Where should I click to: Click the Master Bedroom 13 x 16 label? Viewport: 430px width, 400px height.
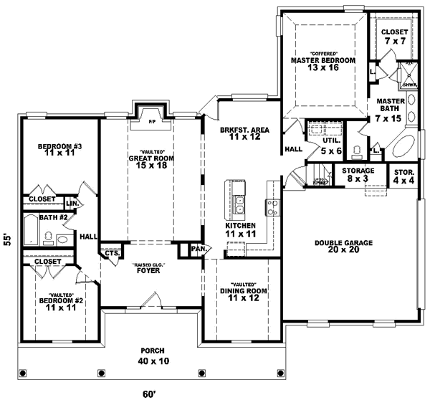tap(322, 62)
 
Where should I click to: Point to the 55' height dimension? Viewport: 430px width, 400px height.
tap(7, 239)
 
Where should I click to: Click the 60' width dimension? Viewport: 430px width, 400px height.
tap(148, 394)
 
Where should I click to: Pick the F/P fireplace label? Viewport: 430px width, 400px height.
tap(152, 123)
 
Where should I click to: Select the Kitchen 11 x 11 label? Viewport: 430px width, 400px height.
tap(235, 229)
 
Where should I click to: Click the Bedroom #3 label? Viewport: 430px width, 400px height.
tap(60, 151)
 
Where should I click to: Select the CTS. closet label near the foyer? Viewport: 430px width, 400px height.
tap(111, 252)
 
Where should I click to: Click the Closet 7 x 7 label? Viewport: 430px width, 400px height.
tap(393, 37)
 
